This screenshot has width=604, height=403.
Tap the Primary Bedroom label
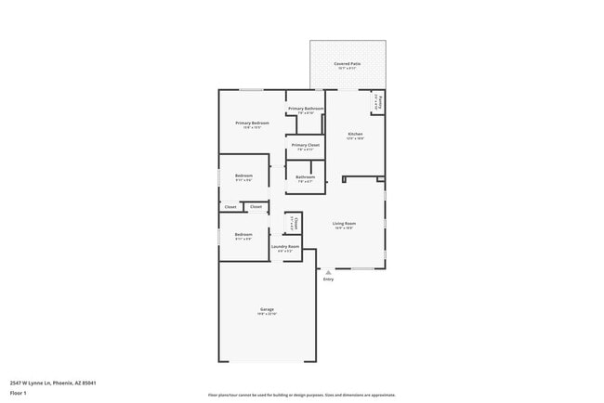tap(252, 123)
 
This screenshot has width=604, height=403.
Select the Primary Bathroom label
tap(306, 109)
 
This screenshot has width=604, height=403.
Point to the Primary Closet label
tap(306, 145)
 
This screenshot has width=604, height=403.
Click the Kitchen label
tap(355, 134)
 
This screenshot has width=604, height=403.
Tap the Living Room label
tap(345, 223)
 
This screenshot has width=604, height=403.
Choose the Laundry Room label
tap(286, 246)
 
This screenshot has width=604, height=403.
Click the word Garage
tap(267, 309)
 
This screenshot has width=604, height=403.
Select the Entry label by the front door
tap(328, 279)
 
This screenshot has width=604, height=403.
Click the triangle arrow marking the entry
tap(328, 271)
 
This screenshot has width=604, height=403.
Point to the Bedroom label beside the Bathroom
tap(243, 175)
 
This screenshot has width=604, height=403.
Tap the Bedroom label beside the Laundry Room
tap(243, 234)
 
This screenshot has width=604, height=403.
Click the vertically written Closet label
tap(294, 223)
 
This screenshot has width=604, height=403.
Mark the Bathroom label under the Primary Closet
tap(306, 176)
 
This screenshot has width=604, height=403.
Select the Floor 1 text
tap(20, 393)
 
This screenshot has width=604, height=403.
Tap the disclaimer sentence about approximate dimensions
tap(302, 395)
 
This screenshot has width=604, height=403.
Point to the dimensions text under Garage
tap(267, 314)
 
